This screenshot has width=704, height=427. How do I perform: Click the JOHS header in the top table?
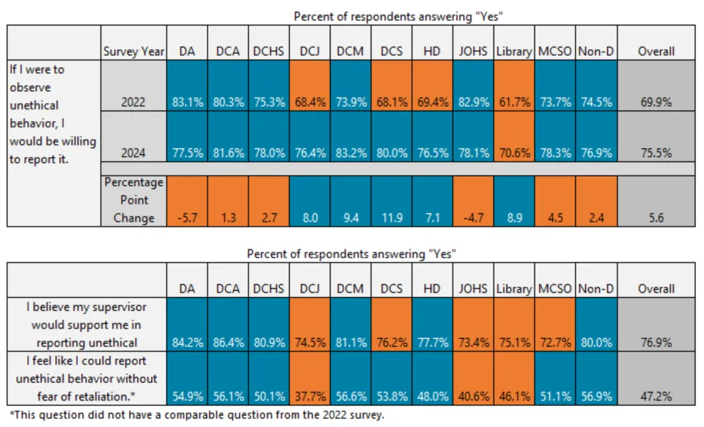click(473, 51)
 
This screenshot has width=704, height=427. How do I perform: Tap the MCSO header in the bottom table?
click(554, 288)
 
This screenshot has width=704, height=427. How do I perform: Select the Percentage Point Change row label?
click(133, 200)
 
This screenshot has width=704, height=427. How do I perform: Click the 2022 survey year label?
click(133, 102)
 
